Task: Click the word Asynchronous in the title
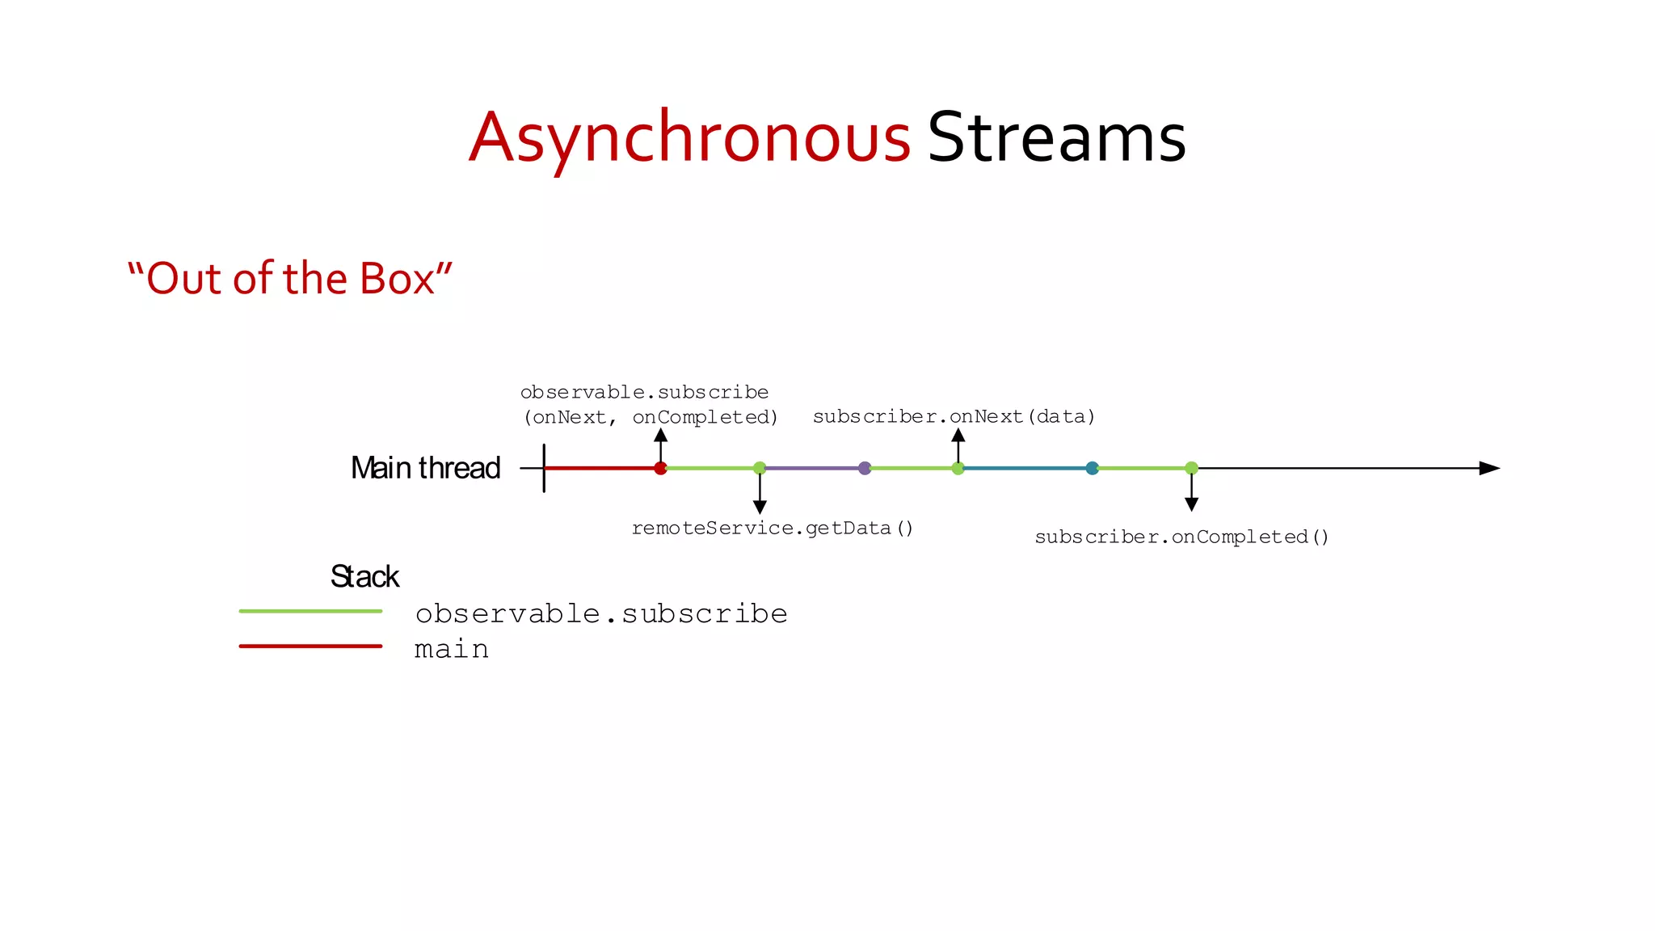(689, 138)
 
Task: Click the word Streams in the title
(1056, 138)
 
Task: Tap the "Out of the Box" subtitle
(289, 279)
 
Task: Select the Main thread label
(425, 468)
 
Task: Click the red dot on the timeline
(660, 468)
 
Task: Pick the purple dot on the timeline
(865, 468)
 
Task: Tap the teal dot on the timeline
(1092, 468)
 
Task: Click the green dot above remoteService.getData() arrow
(760, 468)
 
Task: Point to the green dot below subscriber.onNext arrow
(958, 468)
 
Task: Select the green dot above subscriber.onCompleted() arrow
(1191, 468)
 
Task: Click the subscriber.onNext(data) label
(954, 417)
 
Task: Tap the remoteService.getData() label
(772, 529)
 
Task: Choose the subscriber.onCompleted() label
(1181, 537)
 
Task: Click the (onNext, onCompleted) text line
(651, 418)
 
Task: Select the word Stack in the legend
(364, 577)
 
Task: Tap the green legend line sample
(310, 611)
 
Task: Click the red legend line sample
(310, 646)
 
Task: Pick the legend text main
(451, 650)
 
